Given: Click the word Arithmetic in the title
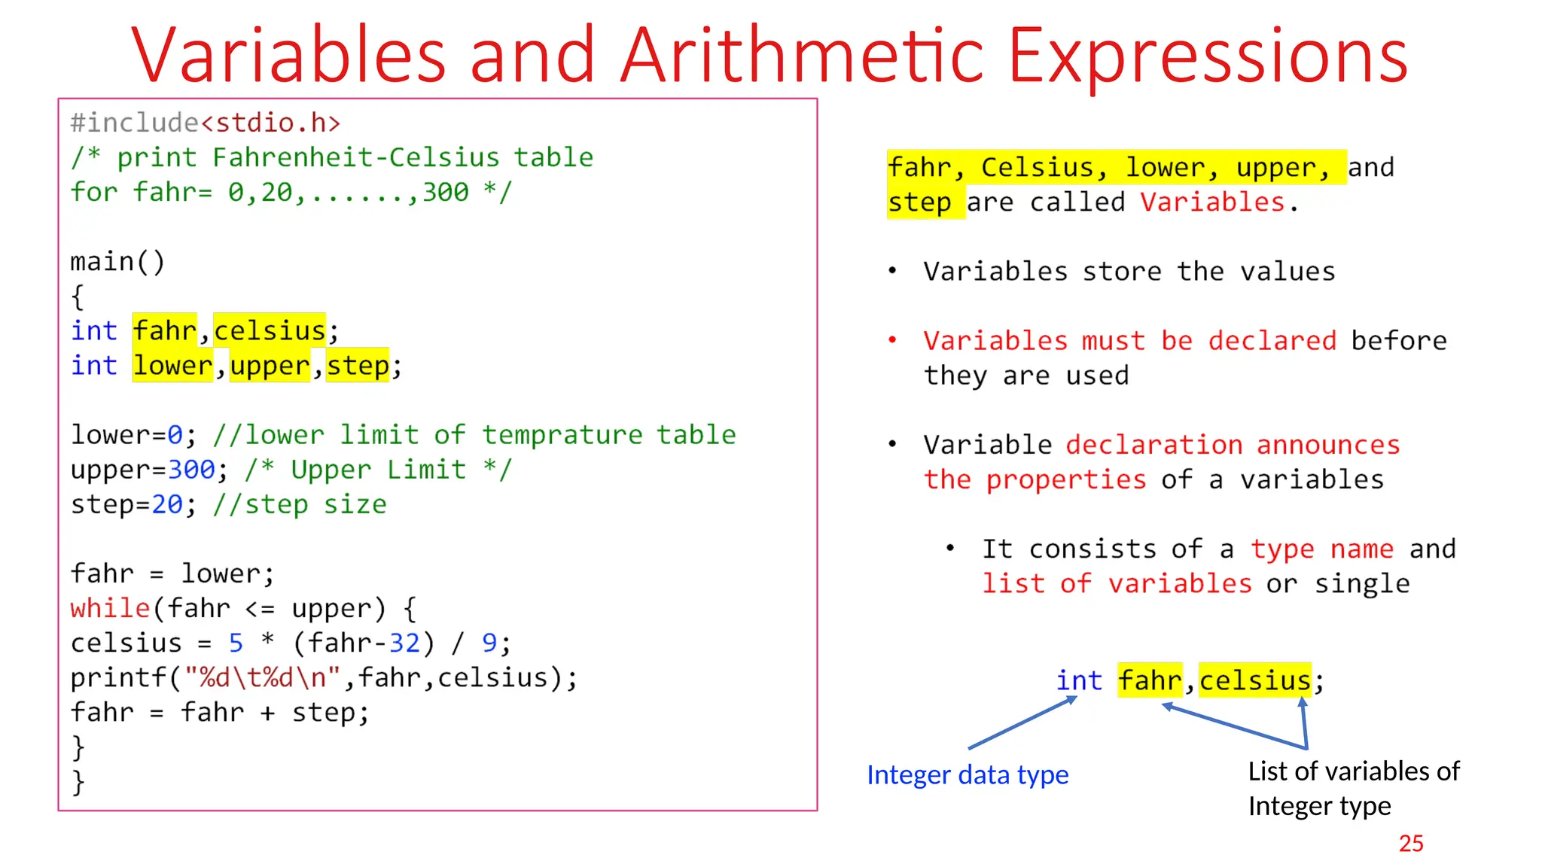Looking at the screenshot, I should click(x=802, y=56).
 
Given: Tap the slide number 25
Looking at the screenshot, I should click(x=1411, y=843).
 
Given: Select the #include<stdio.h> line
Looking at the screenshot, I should click(x=206, y=123).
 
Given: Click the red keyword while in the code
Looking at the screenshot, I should click(x=110, y=608).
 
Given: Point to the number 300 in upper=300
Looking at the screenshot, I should click(x=191, y=470).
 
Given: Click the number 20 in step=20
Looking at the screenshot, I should click(x=167, y=504).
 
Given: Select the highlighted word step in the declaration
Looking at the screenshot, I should click(x=358, y=366).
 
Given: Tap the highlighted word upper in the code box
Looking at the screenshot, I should click(x=270, y=366).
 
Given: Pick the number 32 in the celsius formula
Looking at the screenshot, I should click(x=404, y=643).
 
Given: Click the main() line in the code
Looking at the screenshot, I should click(x=117, y=262).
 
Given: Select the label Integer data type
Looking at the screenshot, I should click(x=968, y=774).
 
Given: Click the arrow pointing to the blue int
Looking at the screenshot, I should click(x=1022, y=723).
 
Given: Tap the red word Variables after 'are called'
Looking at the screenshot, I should click(x=1212, y=202).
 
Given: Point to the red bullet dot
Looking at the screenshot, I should click(x=892, y=340).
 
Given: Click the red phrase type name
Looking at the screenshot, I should click(x=1322, y=549).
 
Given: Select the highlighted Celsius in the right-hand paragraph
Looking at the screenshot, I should click(x=1037, y=167).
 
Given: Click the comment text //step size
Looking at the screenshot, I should click(x=300, y=504).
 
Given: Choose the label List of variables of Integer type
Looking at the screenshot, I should click(x=1353, y=788).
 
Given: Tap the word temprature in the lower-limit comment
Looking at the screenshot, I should click(x=562, y=435).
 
